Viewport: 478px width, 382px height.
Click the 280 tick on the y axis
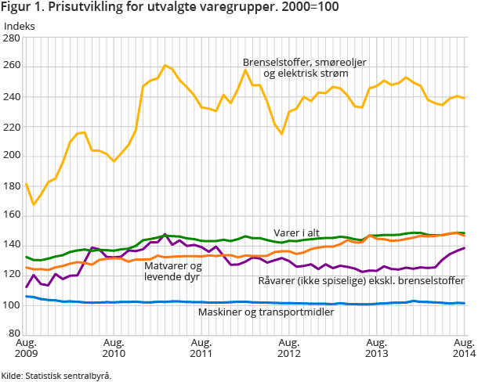[13, 37]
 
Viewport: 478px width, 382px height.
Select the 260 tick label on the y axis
[13, 67]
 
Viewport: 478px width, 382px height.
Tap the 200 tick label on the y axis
[13, 156]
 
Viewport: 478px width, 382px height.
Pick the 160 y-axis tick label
[13, 215]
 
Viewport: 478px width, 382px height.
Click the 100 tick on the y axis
[13, 305]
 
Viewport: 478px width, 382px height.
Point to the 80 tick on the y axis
[16, 334]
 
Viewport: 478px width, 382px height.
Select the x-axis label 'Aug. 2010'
[114, 348]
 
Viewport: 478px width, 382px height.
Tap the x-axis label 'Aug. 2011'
[201, 348]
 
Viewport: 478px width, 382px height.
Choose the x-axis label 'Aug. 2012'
[289, 348]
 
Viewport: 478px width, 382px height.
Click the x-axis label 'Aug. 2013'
[377, 348]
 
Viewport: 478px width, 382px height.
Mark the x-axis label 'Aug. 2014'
[462, 348]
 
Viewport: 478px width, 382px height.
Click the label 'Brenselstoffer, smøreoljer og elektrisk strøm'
[304, 67]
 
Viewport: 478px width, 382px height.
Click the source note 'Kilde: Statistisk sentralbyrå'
[56, 375]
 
